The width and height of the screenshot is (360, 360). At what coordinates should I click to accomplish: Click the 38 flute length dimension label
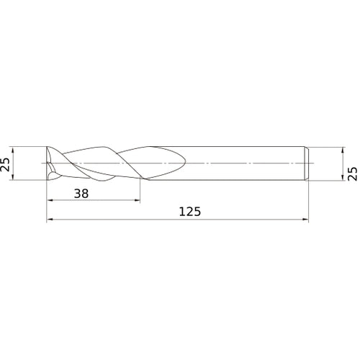(81, 194)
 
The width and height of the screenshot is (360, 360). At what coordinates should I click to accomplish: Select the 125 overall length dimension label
(190, 212)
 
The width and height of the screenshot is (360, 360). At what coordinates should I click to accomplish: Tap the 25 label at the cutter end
(5, 164)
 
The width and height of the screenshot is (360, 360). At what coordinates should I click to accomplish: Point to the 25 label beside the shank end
(352, 174)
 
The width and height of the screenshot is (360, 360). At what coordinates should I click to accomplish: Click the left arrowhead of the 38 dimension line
(50, 200)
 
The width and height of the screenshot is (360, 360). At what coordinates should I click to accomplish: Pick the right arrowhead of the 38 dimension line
(138, 200)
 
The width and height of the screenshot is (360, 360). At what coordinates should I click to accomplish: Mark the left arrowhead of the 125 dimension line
(49, 219)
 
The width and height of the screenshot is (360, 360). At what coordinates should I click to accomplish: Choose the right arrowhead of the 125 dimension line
(305, 219)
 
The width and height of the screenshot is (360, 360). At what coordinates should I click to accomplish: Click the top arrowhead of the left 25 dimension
(13, 149)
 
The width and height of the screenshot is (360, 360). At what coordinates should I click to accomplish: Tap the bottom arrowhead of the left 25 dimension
(13, 177)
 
